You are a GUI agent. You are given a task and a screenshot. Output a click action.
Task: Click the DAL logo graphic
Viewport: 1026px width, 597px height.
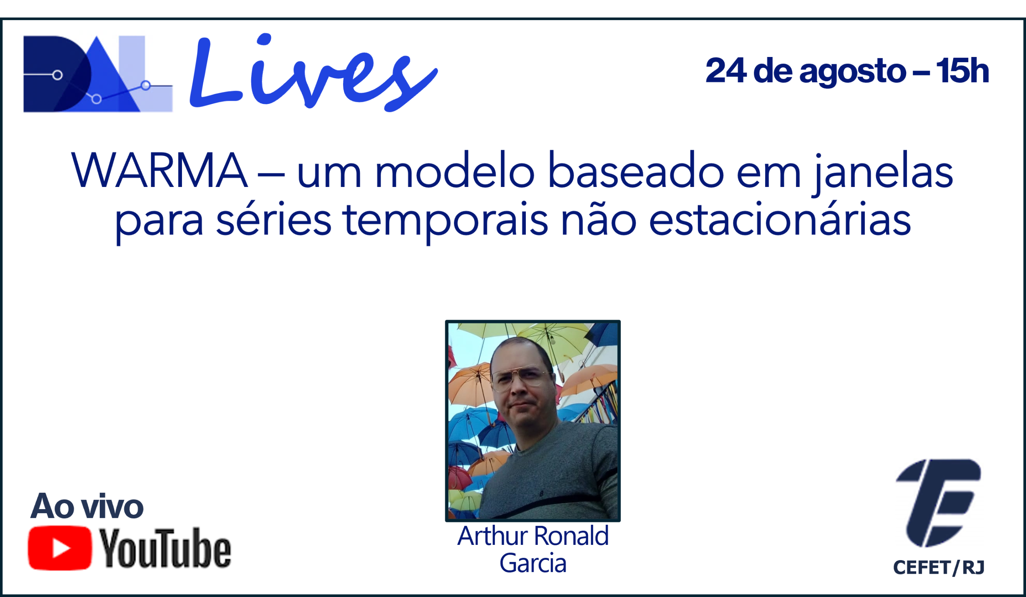98,74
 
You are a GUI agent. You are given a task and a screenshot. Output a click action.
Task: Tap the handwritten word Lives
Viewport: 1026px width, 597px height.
313,72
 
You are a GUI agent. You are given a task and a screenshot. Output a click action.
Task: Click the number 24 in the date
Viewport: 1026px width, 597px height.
726,71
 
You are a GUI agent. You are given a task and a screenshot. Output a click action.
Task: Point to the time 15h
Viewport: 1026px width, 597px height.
963,71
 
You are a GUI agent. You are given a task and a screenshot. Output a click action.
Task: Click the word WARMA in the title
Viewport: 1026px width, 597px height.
159,170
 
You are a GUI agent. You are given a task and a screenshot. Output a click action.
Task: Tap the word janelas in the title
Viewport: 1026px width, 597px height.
883,173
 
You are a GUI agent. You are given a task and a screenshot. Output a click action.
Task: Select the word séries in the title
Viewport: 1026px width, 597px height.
274,218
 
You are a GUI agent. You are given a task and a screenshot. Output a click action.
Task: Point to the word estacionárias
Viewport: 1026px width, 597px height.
780,218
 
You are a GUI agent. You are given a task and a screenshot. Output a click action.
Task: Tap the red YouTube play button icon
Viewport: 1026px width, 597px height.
60,548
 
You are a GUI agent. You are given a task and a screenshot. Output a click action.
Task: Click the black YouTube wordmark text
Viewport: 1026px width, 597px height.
165,548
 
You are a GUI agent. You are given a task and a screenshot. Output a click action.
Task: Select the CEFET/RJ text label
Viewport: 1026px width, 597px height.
939,567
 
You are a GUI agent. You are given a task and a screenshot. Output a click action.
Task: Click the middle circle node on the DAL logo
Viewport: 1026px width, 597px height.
97,99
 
